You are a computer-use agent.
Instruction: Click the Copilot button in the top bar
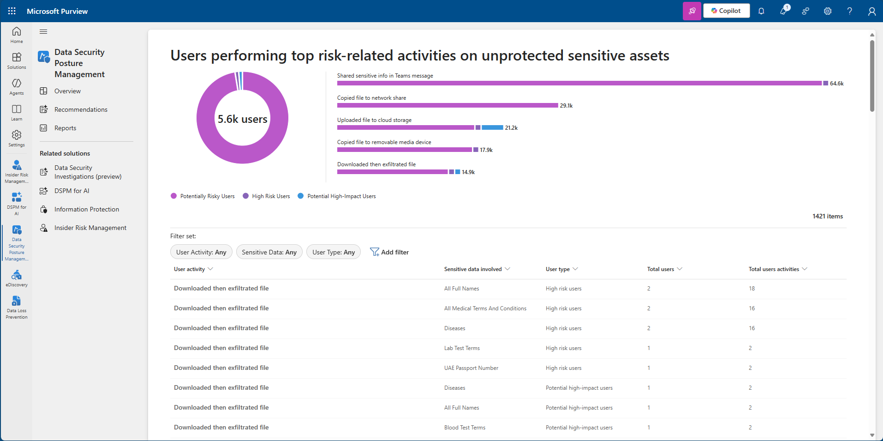[x=726, y=11]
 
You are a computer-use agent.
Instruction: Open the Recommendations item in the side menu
[x=81, y=109]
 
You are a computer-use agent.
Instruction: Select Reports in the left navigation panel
[x=65, y=128]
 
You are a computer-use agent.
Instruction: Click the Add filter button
[x=389, y=252]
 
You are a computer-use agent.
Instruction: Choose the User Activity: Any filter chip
[x=201, y=252]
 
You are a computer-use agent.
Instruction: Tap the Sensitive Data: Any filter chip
[x=269, y=252]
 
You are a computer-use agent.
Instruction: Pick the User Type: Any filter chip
[x=333, y=252]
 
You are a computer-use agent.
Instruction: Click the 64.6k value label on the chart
[x=836, y=84]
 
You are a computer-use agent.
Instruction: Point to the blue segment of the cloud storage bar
[x=492, y=127]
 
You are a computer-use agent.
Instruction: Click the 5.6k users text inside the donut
[x=242, y=119]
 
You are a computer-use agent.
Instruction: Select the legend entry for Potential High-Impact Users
[x=341, y=196]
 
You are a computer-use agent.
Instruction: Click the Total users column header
[x=661, y=269]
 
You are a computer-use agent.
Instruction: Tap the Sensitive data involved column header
[x=473, y=269]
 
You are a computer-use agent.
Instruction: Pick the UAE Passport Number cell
[x=471, y=368]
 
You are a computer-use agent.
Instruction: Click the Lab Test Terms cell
[x=462, y=348]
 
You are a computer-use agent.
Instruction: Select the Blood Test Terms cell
[x=465, y=428]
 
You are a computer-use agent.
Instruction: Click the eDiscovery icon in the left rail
[x=17, y=278]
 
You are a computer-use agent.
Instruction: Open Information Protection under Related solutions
[x=86, y=209]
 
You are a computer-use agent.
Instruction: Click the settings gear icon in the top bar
[x=828, y=11]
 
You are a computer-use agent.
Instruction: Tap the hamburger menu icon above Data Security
[x=43, y=31]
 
